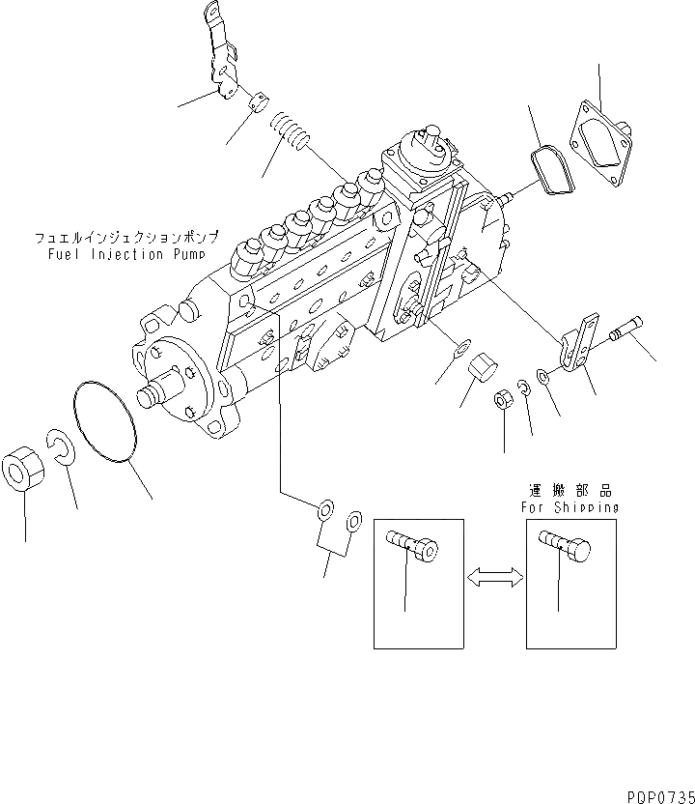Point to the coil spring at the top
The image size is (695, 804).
tap(288, 129)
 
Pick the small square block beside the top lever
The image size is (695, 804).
tap(256, 100)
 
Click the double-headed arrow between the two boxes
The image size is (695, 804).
tap(495, 577)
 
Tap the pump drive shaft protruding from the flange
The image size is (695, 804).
tap(155, 395)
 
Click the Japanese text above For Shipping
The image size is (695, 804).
tap(570, 491)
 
